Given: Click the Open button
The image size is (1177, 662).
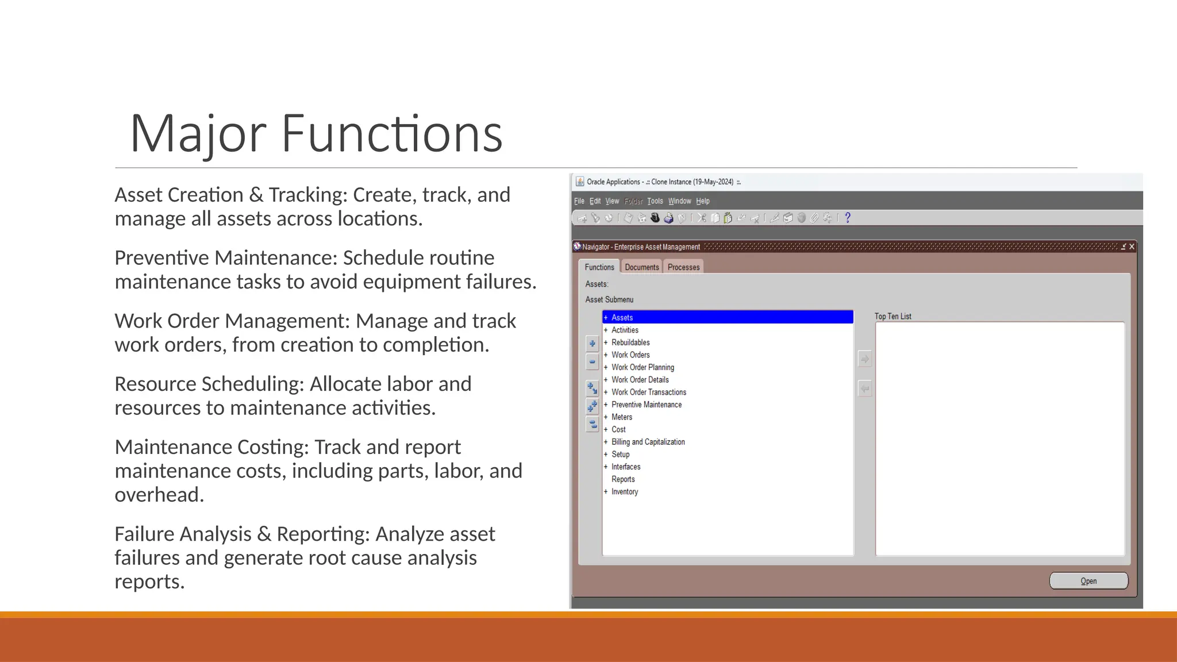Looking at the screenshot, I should pyautogui.click(x=1088, y=581).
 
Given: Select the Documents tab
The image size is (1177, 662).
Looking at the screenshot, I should pyautogui.click(x=641, y=267).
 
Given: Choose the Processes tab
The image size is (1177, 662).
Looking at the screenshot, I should pyautogui.click(x=683, y=267).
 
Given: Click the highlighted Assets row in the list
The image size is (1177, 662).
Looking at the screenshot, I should pyautogui.click(x=727, y=317).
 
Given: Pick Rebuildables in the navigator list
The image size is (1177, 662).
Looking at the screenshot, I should pyautogui.click(x=630, y=342).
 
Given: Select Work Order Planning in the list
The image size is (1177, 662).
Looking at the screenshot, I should pyautogui.click(x=643, y=367).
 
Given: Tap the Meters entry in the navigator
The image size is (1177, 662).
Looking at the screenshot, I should pyautogui.click(x=622, y=417).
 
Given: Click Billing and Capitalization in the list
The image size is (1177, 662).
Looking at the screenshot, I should pyautogui.click(x=648, y=442).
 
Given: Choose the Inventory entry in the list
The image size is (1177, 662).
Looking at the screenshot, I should pyautogui.click(x=625, y=492).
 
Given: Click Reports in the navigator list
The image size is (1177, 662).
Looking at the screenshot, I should pyautogui.click(x=623, y=479).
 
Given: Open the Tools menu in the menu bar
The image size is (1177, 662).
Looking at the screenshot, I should pyautogui.click(x=655, y=201).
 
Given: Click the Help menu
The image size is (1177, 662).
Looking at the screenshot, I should pyautogui.click(x=702, y=201).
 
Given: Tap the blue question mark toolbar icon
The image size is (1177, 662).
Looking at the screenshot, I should pyautogui.click(x=847, y=218).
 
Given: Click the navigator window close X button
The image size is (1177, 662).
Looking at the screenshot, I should pyautogui.click(x=1132, y=247).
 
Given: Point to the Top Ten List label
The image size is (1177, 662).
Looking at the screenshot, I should pyautogui.click(x=893, y=317).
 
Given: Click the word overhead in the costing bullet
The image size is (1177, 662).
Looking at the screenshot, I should pyautogui.click(x=159, y=495).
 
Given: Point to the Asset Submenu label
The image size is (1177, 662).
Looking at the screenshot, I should pyautogui.click(x=609, y=299).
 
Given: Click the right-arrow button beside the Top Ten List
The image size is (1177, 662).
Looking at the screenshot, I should pyautogui.click(x=864, y=359).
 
